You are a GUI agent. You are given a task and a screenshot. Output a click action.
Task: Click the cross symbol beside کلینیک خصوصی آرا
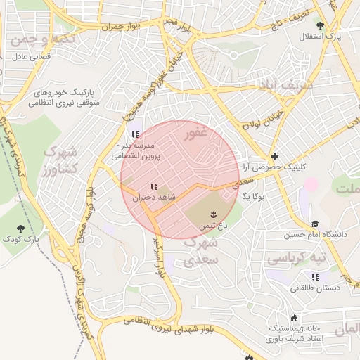(x=274, y=156)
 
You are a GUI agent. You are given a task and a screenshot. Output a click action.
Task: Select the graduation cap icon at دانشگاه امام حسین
(x=316, y=224)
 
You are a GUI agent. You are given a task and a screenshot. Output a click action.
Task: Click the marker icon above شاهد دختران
(x=153, y=186)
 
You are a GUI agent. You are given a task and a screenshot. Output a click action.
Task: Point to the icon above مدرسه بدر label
(x=134, y=134)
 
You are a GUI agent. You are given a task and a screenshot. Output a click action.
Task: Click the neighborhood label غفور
(x=194, y=131)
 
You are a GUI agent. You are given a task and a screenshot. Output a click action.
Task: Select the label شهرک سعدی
(x=202, y=251)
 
